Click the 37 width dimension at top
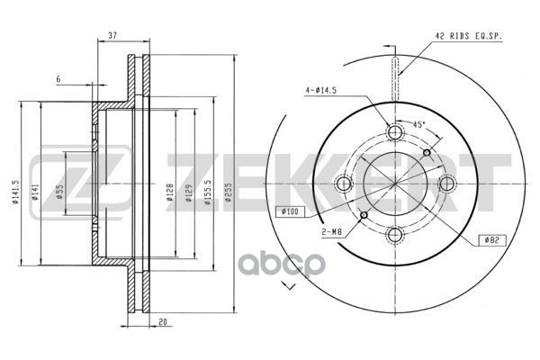pos(112,35)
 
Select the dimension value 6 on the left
pos(58,79)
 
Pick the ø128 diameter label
pos(170,193)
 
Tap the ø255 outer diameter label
pos(229,192)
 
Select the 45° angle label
pos(418,125)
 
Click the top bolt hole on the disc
pos(393,133)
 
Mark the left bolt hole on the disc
pos(343,184)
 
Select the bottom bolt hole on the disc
pos(393,236)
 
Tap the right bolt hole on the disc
pos(445,184)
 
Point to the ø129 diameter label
pos(188,193)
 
